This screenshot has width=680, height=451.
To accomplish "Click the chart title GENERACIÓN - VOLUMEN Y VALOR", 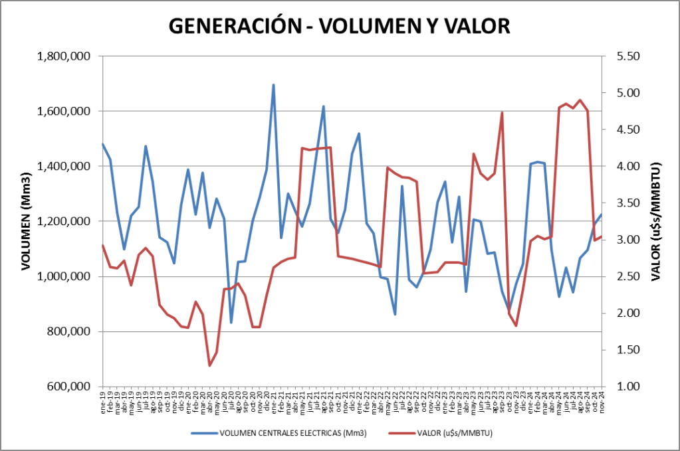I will pyautogui.click(x=340, y=25).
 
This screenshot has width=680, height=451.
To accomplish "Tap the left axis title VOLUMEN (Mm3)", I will pyautogui.click(x=27, y=221).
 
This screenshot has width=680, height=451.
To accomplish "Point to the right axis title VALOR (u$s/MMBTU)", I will pyautogui.click(x=657, y=221).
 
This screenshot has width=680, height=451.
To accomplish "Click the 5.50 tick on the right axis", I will pyautogui.click(x=628, y=56).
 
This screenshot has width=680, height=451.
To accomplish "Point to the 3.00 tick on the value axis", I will pyautogui.click(x=628, y=240).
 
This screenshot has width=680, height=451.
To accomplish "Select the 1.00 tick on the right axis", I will pyautogui.click(x=628, y=387).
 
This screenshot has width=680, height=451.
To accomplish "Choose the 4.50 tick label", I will pyautogui.click(x=628, y=130).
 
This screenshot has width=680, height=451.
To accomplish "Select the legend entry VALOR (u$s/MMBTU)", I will pyautogui.click(x=451, y=434).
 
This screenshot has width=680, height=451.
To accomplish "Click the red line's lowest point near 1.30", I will pyautogui.click(x=209, y=365).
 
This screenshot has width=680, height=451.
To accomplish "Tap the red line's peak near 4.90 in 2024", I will pyautogui.click(x=580, y=100).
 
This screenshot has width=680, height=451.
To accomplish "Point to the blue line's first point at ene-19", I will pyautogui.click(x=102, y=144).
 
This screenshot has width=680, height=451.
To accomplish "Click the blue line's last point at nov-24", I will pyautogui.click(x=602, y=215).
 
